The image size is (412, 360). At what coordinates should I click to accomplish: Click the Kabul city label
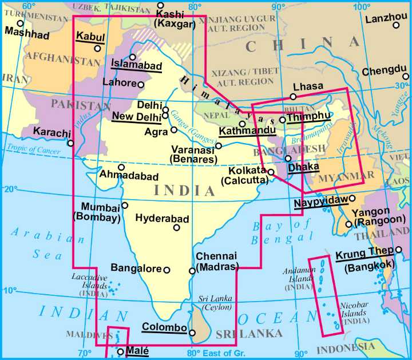point(90,37)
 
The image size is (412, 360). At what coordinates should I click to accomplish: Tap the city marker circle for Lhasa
point(293,96)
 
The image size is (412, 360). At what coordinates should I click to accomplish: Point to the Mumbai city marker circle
point(125,205)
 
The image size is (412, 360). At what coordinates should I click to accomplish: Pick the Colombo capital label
point(164,327)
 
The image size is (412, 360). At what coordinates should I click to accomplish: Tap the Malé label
point(137,351)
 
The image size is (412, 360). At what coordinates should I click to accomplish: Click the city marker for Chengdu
point(406,76)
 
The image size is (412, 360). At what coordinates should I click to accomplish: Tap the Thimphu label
point(310,117)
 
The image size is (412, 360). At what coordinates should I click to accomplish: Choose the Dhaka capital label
point(303,167)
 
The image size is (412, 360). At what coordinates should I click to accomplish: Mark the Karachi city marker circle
point(70,143)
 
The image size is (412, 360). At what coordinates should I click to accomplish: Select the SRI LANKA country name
point(249,333)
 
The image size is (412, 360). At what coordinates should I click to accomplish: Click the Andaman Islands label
point(298,279)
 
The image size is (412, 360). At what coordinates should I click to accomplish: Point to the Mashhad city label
point(26,35)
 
